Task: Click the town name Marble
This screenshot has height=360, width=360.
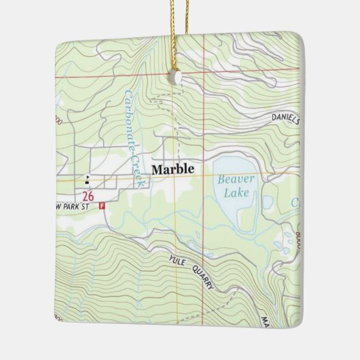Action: click(173, 169)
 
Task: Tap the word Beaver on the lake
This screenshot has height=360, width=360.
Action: click(236, 179)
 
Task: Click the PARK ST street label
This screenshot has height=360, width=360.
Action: click(77, 206)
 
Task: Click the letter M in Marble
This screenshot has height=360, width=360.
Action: click(156, 169)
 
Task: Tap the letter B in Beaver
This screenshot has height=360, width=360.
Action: click(221, 179)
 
